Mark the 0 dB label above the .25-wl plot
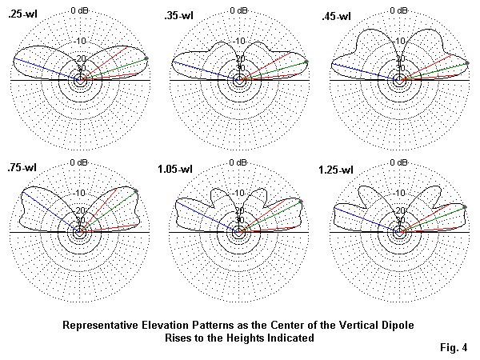pos(81,10)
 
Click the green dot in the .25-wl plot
pos(146,58)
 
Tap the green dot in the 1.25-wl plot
pos(466,207)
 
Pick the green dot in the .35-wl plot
pos(306,62)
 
